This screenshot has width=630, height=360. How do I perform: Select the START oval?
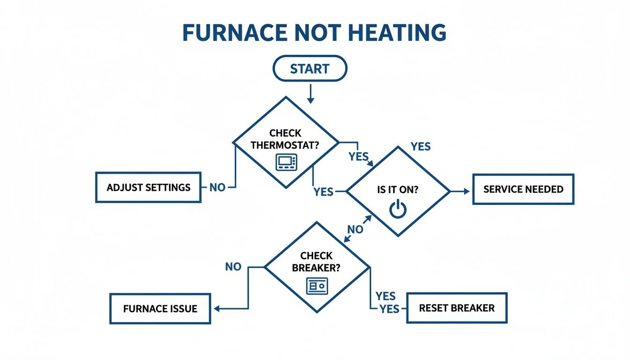310,69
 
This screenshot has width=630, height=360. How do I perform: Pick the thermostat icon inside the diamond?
286,162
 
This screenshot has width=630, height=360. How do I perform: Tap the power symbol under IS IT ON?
398,210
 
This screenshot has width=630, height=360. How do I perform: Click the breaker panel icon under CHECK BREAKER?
317,285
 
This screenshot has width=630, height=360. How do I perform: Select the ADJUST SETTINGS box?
149,187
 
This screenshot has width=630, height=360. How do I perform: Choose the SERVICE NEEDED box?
523,189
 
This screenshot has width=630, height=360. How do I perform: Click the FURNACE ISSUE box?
160,308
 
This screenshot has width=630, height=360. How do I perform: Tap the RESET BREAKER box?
457,308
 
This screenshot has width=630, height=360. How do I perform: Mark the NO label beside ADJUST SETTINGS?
217,187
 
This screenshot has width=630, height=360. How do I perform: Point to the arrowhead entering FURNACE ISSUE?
217,308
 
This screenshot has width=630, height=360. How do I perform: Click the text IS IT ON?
398,190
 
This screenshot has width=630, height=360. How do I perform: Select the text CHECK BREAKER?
316,262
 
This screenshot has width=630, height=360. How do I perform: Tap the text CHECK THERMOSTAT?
285,139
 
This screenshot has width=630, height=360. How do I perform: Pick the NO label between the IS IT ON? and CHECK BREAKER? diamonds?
355,229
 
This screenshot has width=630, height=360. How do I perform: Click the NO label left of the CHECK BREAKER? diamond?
233,267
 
